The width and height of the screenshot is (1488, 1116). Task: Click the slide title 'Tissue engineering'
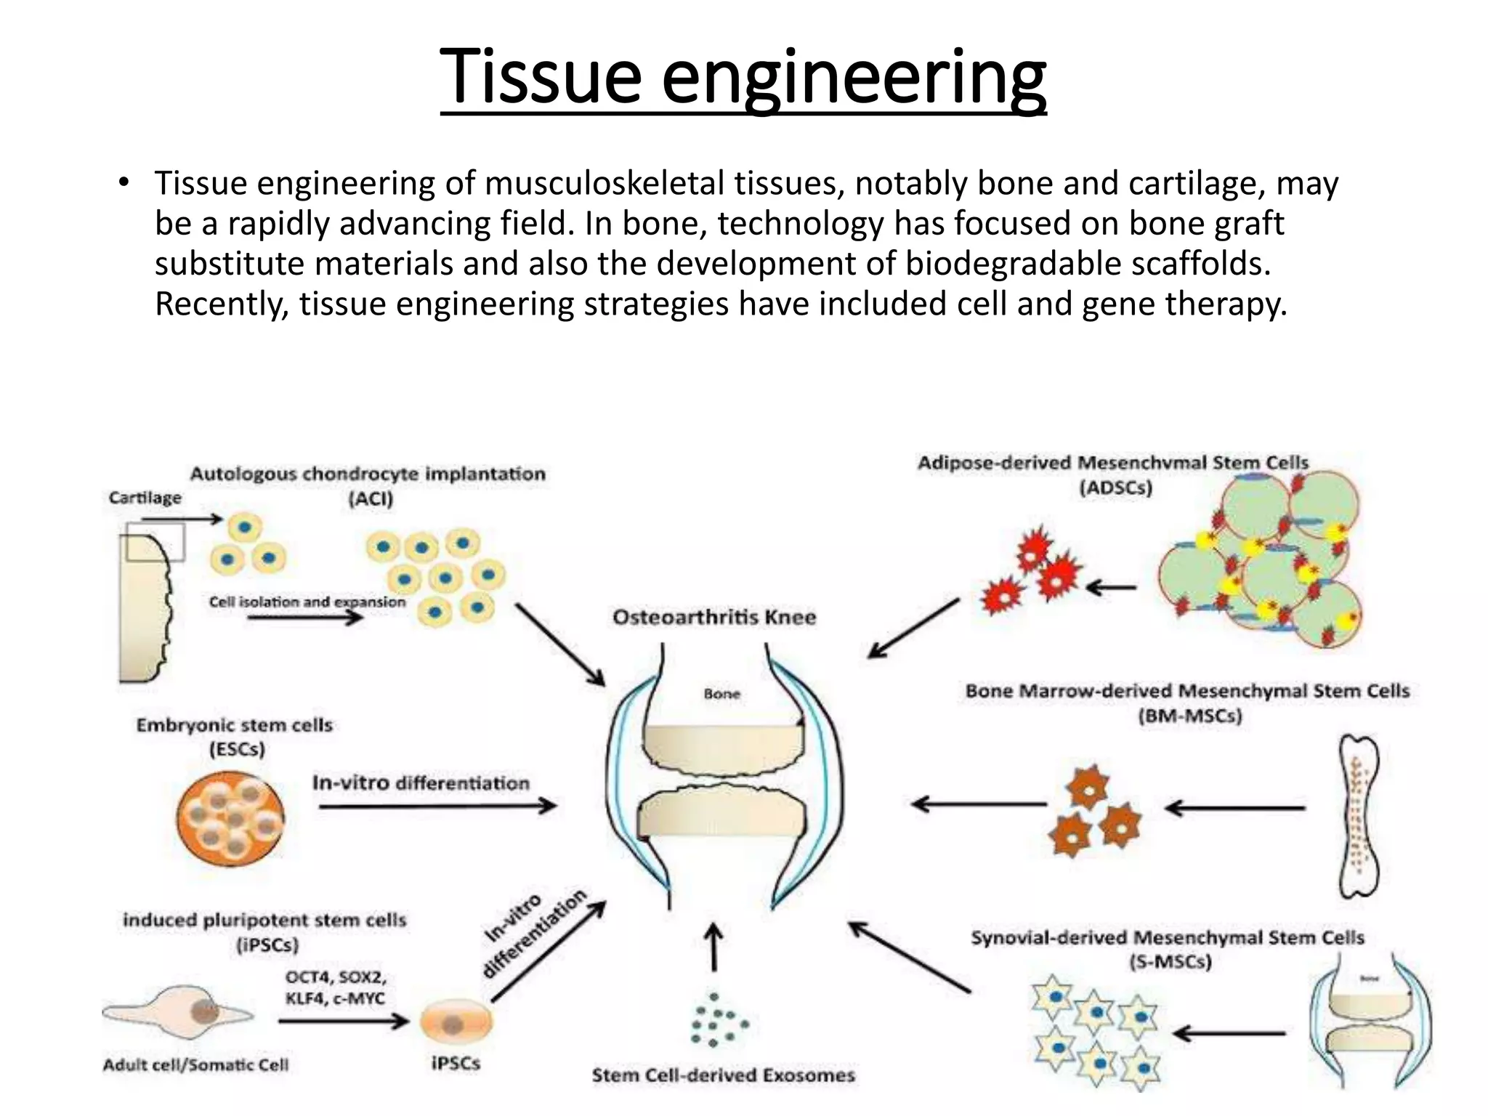pyautogui.click(x=743, y=76)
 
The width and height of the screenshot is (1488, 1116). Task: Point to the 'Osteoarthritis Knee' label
pyautogui.click(x=713, y=617)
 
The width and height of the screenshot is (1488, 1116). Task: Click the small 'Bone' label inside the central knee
pyautogui.click(x=721, y=694)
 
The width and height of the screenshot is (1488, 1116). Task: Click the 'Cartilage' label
pyautogui.click(x=145, y=498)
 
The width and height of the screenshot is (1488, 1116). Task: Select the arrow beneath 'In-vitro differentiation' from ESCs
pyautogui.click(x=437, y=805)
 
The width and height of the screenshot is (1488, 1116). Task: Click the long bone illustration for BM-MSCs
pyautogui.click(x=1356, y=817)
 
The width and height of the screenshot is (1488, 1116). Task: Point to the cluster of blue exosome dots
pyautogui.click(x=717, y=1020)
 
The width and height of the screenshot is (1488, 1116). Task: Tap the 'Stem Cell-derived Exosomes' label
pyautogui.click(x=723, y=1075)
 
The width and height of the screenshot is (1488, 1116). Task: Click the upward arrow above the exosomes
pyautogui.click(x=714, y=947)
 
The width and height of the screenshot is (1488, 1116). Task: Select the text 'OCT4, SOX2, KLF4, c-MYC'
pyautogui.click(x=335, y=987)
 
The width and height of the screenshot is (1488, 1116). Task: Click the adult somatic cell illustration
pyautogui.click(x=178, y=1012)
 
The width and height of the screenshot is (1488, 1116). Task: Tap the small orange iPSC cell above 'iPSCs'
pyautogui.click(x=456, y=1023)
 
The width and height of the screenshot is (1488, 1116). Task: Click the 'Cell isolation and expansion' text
pyautogui.click(x=307, y=602)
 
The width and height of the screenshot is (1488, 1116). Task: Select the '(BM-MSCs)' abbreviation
pyautogui.click(x=1189, y=716)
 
